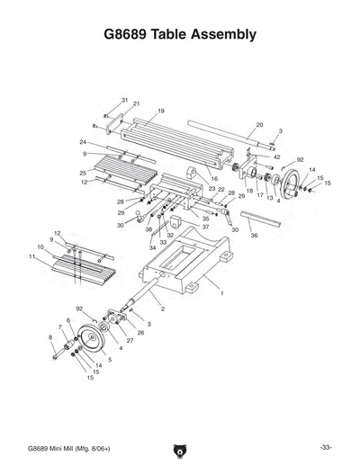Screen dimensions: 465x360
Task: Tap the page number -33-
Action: pos(325,446)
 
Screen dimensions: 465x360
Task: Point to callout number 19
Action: pos(160,111)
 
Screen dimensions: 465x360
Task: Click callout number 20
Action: pos(259,125)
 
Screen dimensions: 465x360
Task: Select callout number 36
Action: pos(254,236)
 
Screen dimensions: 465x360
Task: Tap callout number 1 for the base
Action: pos(220,293)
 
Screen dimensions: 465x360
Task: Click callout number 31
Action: pos(124,99)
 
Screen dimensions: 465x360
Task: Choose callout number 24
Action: pos(82,142)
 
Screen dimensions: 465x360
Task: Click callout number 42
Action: pos(277,156)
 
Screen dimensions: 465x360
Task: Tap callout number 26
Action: pos(140,333)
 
